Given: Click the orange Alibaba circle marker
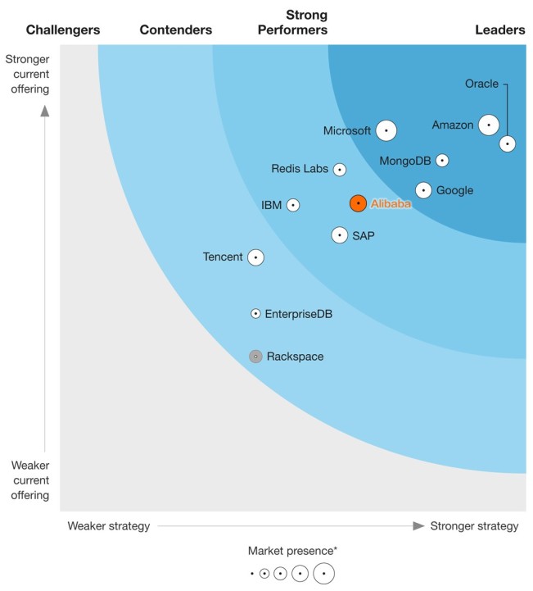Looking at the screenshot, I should [358, 203].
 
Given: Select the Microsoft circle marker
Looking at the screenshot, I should [386, 130].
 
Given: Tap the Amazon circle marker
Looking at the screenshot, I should [489, 125].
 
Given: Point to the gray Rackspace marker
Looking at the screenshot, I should [255, 357].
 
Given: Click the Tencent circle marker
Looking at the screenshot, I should [256, 257].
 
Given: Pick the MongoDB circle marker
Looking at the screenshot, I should [442, 161].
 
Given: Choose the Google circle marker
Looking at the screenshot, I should [423, 190].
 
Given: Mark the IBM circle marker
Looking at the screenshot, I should [292, 205].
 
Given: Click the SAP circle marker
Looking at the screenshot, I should [340, 235].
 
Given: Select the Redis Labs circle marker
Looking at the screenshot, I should [339, 170].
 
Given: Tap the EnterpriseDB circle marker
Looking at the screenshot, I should [255, 313].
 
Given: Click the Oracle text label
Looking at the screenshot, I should [481, 84].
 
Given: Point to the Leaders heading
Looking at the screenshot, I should [500, 30].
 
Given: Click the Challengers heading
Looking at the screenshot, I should [63, 30].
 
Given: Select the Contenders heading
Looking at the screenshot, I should [176, 30].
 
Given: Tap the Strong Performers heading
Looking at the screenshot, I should [292, 23].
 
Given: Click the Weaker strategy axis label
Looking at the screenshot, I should [109, 526].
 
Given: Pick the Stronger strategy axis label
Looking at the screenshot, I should [474, 526].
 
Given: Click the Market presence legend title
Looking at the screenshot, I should [292, 551].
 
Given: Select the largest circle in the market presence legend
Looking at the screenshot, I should [323, 574].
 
